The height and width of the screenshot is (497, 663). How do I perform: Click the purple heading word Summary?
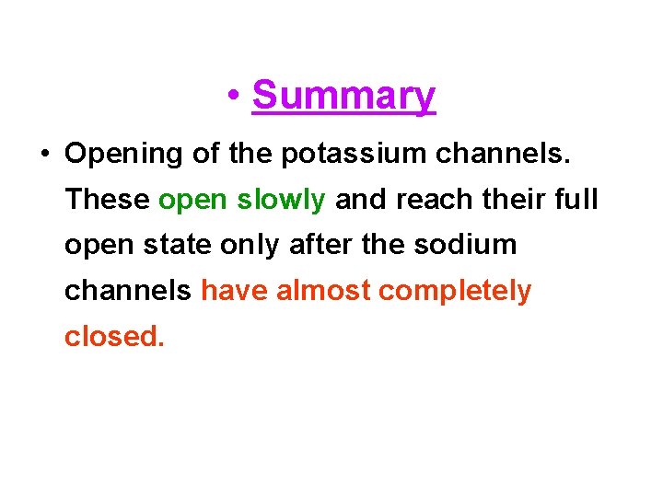(343, 96)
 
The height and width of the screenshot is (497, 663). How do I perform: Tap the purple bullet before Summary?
(237, 97)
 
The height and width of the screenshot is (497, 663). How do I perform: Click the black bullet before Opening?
(45, 154)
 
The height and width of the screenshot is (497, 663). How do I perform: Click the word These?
(108, 200)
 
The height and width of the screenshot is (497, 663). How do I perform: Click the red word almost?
(323, 292)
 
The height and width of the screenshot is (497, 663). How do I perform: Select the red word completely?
(455, 293)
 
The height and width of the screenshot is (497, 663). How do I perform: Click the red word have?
(235, 292)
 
